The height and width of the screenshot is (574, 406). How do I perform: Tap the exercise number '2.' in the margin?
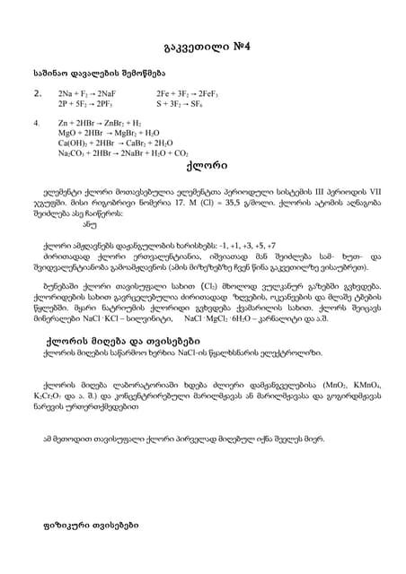click(x=37, y=92)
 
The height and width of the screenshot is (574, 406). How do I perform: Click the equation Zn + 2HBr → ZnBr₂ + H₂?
click(x=99, y=122)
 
